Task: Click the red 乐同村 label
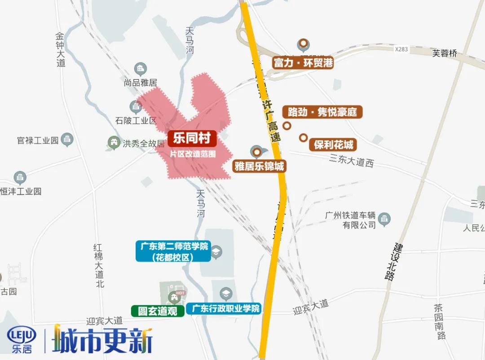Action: (192, 138)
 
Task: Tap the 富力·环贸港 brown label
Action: (303, 62)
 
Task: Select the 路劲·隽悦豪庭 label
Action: (322, 112)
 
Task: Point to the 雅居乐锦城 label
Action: (259, 167)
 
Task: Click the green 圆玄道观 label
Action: (158, 311)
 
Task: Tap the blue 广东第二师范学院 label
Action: (173, 251)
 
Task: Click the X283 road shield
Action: (401, 49)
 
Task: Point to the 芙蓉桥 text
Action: (445, 53)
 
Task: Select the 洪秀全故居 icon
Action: (114, 143)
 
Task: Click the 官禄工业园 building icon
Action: (67, 139)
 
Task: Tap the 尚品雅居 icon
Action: (141, 69)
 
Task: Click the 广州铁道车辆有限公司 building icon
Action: (384, 220)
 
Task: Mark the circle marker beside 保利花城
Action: (304, 138)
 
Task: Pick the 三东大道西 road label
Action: (351, 160)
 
